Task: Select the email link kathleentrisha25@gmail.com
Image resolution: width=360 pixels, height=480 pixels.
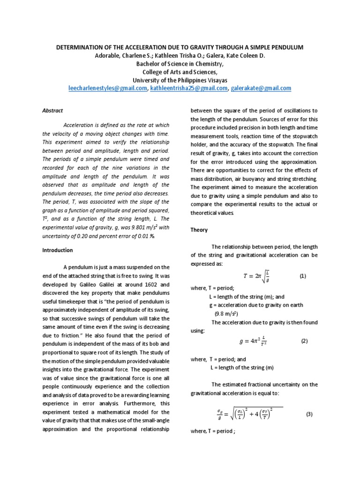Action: pyautogui.click(x=189, y=88)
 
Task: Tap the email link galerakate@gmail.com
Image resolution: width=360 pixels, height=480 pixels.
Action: pyautogui.click(x=261, y=88)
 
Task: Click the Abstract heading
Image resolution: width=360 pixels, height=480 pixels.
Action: pyautogui.click(x=53, y=111)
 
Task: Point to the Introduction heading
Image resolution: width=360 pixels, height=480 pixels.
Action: pyautogui.click(x=58, y=250)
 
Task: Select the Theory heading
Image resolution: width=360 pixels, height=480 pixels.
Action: pyautogui.click(x=199, y=230)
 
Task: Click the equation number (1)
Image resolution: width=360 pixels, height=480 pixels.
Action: pyautogui.click(x=302, y=277)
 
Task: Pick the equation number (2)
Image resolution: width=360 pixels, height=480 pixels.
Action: pyautogui.click(x=304, y=341)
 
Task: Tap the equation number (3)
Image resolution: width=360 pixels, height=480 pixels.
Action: pyautogui.click(x=309, y=414)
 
